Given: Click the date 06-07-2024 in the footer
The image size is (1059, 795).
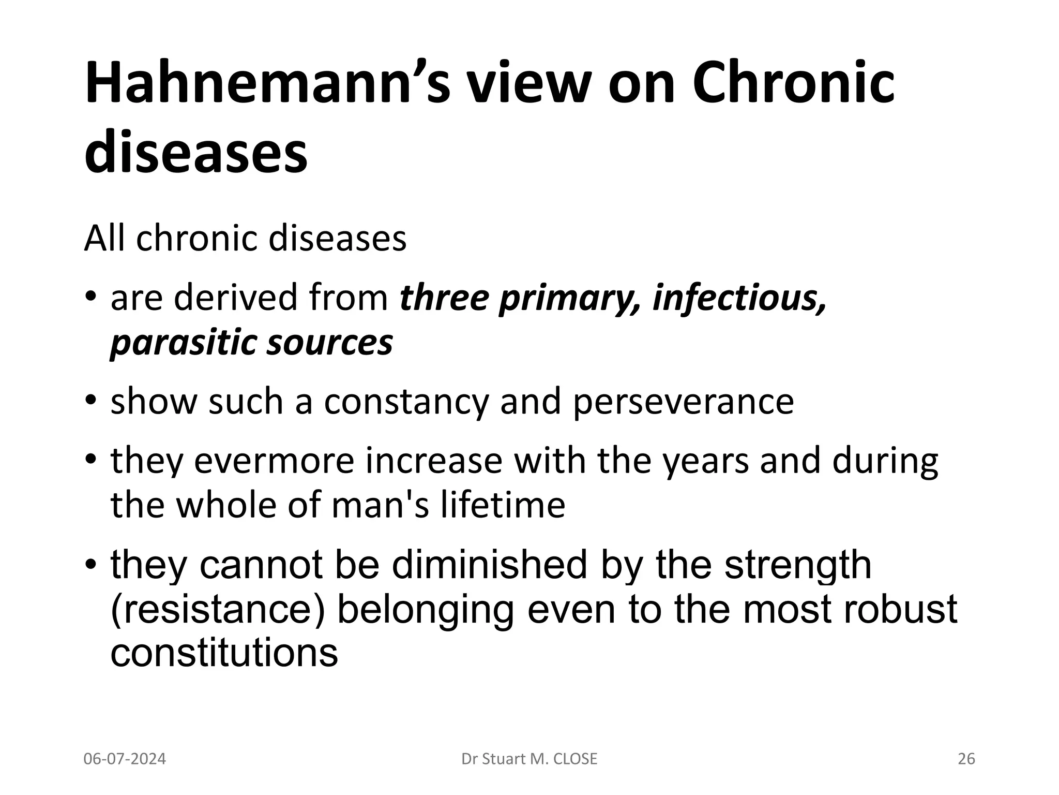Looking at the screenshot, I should coord(125,759).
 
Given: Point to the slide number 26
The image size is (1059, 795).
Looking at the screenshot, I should coord(966,759).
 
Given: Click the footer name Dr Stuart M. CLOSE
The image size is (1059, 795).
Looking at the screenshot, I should coord(529,759).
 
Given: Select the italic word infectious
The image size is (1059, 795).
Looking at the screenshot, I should coord(739,299).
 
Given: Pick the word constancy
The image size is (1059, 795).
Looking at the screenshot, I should coord(406,402).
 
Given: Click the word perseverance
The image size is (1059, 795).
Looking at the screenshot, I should coord(683,402).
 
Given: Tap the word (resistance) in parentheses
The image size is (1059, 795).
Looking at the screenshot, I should coord(218,609).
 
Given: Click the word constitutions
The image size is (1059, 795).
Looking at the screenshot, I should coord(224,653).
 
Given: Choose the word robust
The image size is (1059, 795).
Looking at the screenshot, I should coord(900,609).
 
